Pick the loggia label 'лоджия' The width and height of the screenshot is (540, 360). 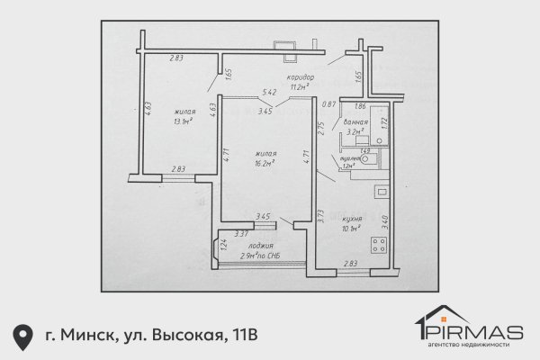(x=261, y=246)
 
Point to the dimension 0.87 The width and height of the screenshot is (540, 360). (x=328, y=104)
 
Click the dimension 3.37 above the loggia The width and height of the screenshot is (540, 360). (x=240, y=234)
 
